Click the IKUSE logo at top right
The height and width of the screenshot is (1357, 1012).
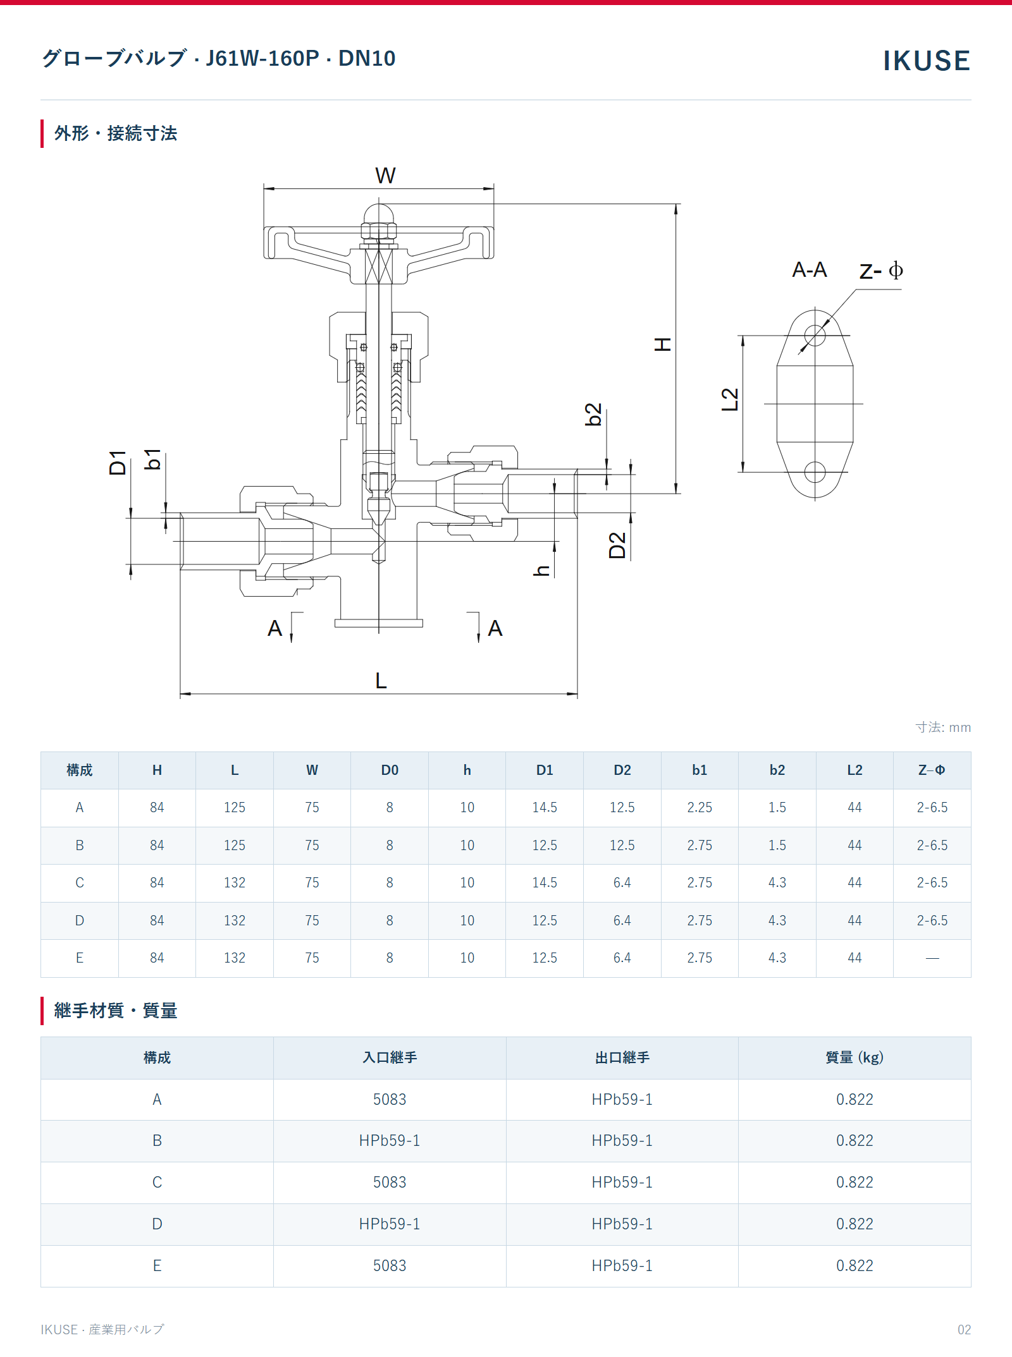tap(926, 61)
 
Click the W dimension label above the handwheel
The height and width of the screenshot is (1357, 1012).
tap(385, 175)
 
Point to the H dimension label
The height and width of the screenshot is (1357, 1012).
tap(662, 344)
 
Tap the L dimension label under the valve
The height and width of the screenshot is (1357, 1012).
tap(381, 681)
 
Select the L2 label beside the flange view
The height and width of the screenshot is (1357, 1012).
tap(730, 399)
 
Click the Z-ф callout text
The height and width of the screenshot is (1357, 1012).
tap(881, 271)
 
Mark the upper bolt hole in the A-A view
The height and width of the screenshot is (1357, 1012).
tap(815, 335)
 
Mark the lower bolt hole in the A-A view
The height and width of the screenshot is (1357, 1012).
tap(815, 472)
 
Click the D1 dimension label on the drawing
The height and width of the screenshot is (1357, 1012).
tap(118, 463)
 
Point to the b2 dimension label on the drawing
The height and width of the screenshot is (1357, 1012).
tap(593, 415)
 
